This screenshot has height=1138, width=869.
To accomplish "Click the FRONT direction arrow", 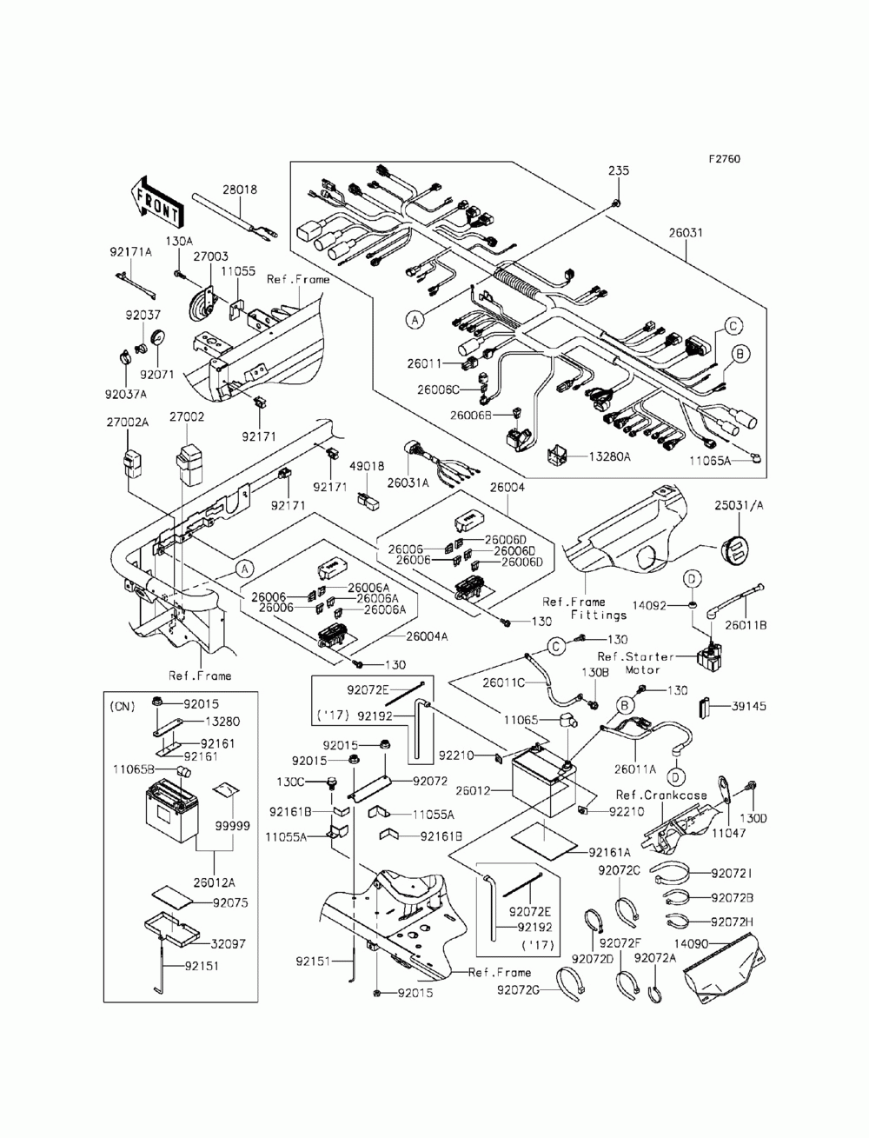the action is pyautogui.click(x=156, y=202).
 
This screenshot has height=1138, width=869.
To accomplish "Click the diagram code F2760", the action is pyautogui.click(x=724, y=158).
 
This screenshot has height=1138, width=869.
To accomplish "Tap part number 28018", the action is pyautogui.click(x=240, y=190).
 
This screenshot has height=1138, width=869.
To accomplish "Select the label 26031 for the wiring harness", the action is pyautogui.click(x=686, y=233).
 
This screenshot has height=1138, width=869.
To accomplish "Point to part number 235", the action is pyautogui.click(x=619, y=170).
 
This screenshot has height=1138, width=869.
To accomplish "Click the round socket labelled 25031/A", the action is pyautogui.click(x=736, y=550).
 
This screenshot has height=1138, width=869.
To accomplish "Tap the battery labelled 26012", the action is pyautogui.click(x=544, y=790).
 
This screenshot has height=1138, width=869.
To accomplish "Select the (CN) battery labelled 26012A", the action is pyautogui.click(x=172, y=815).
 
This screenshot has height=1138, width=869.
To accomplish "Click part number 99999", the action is pyautogui.click(x=232, y=826).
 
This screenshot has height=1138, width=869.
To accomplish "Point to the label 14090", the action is pyautogui.click(x=691, y=944).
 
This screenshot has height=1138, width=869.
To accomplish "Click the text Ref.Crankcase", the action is pyautogui.click(x=661, y=795).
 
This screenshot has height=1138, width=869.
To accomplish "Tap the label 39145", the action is pyautogui.click(x=749, y=706).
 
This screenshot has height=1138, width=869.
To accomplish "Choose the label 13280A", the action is pyautogui.click(x=609, y=456).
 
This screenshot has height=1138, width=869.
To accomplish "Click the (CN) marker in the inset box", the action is pyautogui.click(x=123, y=707).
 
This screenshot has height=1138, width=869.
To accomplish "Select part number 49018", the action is pyautogui.click(x=367, y=466).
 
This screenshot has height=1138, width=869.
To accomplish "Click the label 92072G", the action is pyautogui.click(x=518, y=990).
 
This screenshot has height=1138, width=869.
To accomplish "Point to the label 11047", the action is pyautogui.click(x=728, y=833).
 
